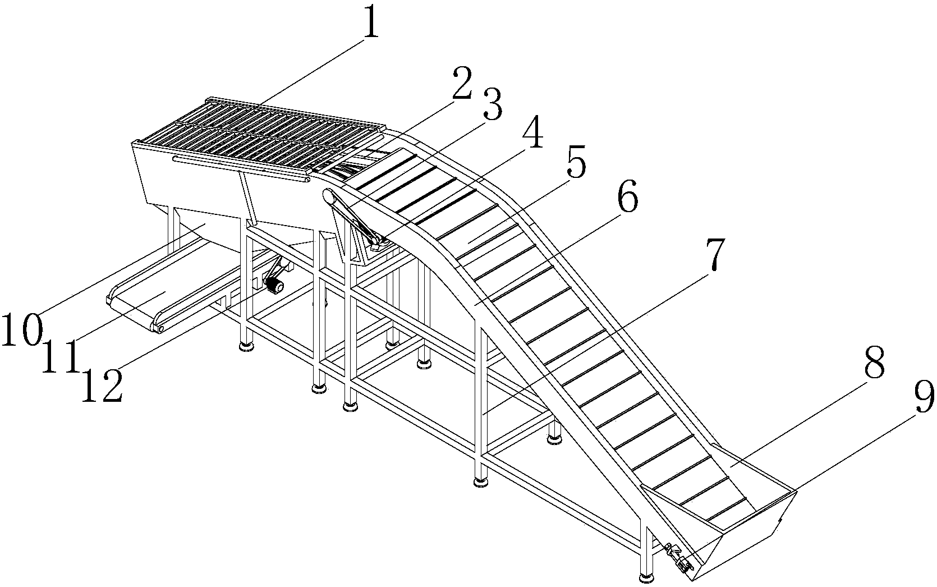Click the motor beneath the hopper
coord(274,286)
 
